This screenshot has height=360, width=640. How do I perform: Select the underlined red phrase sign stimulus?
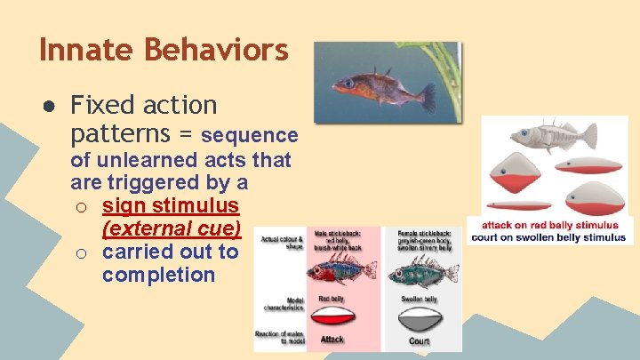(x=170, y=205)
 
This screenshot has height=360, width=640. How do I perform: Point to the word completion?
(x=158, y=275)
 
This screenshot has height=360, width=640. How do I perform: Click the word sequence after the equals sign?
(x=249, y=135)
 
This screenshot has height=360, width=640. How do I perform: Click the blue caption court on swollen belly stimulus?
(x=548, y=237)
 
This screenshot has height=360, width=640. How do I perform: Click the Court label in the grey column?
(x=418, y=340)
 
